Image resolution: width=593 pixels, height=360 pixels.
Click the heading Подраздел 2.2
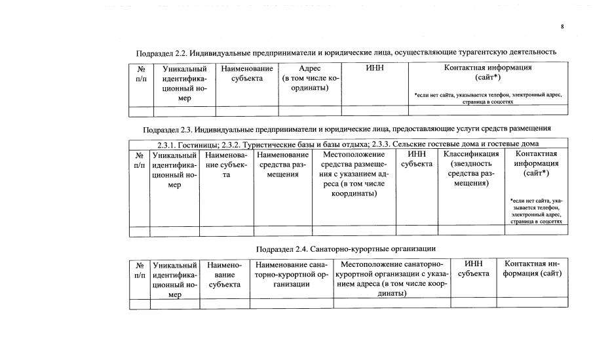coord(346,52)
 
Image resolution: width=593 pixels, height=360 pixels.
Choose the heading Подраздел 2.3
coord(347,128)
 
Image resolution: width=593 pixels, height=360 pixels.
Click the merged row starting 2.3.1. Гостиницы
coord(348,144)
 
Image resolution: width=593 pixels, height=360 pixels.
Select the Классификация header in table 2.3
coord(471,169)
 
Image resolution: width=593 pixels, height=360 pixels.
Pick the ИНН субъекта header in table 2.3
coord(417,159)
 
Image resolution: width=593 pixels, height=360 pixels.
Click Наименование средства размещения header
coord(282,164)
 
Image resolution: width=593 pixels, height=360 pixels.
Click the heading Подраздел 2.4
coord(347,249)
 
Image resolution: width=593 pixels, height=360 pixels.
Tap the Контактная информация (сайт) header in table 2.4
coord(532,269)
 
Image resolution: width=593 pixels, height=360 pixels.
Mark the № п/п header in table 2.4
coord(140,270)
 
